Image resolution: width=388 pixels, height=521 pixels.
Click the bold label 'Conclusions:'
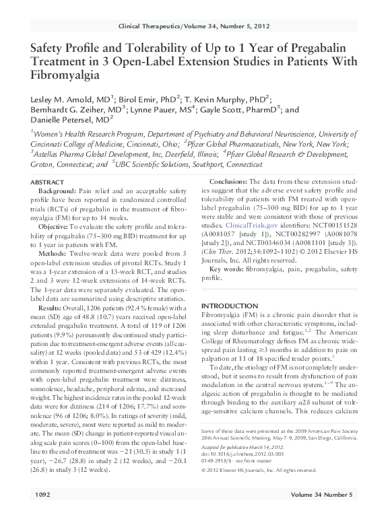click(x=229, y=184)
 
